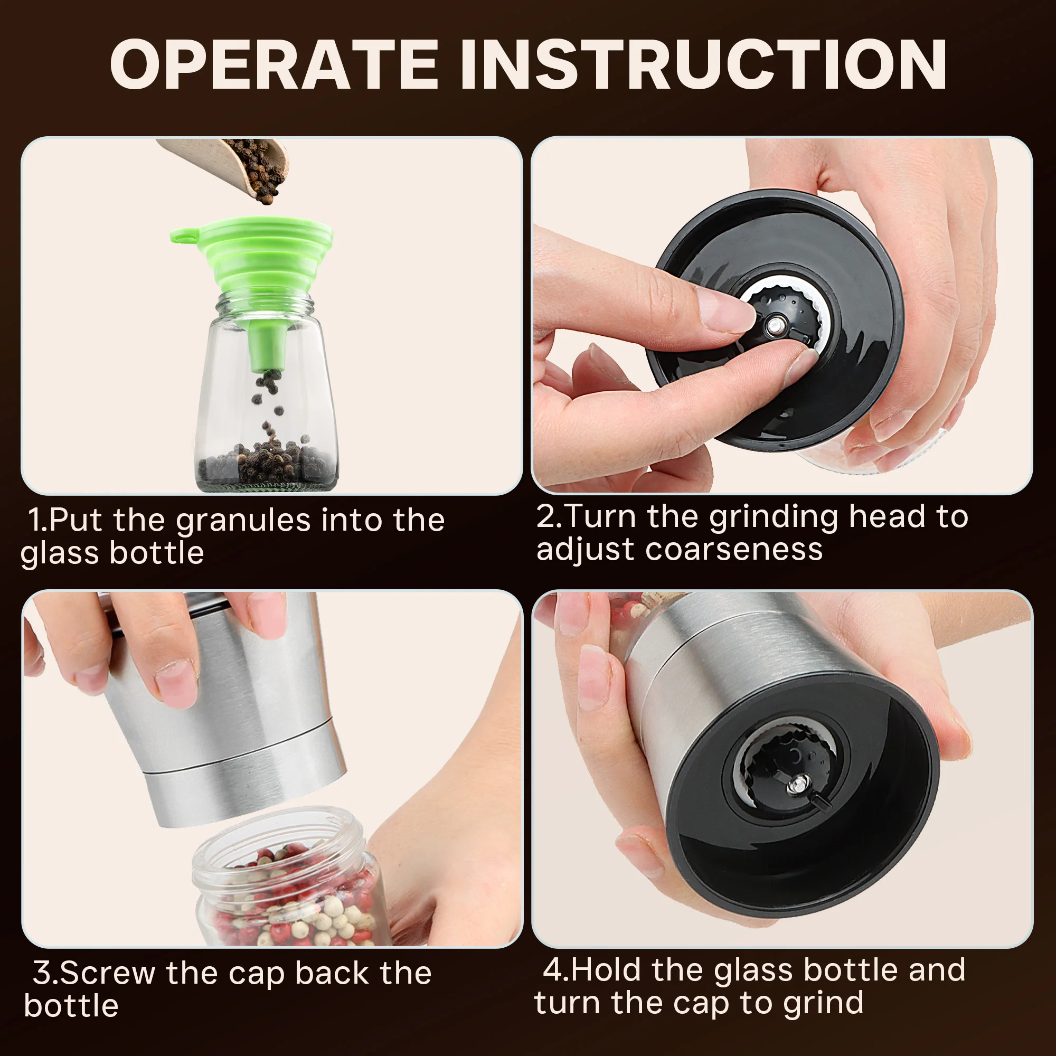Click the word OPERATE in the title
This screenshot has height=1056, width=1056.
point(274,64)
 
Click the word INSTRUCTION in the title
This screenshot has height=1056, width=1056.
point(703,64)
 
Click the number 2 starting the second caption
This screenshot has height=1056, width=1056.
point(547,516)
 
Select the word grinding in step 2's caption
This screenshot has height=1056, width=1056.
point(773,517)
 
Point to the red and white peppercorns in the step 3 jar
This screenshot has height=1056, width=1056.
point(295,902)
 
